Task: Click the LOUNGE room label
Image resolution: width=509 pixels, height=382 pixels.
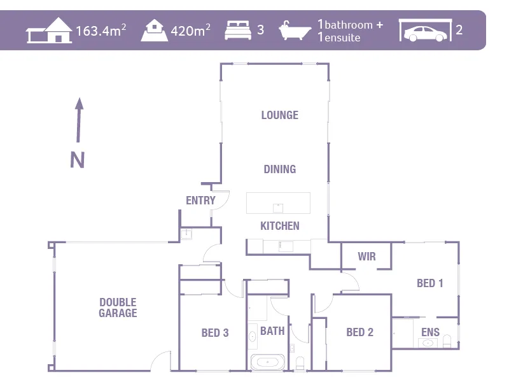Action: pyautogui.click(x=279, y=115)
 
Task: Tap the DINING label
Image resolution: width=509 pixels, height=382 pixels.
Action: pyautogui.click(x=279, y=169)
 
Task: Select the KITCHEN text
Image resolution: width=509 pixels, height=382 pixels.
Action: pyautogui.click(x=279, y=226)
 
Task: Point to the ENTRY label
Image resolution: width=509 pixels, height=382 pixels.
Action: pyautogui.click(x=200, y=201)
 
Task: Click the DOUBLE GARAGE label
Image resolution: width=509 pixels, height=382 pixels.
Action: pyautogui.click(x=118, y=308)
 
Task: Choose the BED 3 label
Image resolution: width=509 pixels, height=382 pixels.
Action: pyautogui.click(x=214, y=332)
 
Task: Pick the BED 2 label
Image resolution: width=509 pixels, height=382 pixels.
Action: pyautogui.click(x=359, y=332)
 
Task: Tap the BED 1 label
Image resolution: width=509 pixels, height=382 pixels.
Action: pyautogui.click(x=429, y=283)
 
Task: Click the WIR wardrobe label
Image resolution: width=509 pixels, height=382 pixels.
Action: pyautogui.click(x=366, y=257)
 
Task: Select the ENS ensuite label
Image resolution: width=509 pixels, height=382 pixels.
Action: pyautogui.click(x=430, y=332)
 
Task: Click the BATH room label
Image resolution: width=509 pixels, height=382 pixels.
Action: pyautogui.click(x=272, y=331)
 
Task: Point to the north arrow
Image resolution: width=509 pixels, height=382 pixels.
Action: pyautogui.click(x=79, y=120)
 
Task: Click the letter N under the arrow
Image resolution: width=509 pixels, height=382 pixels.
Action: pyautogui.click(x=77, y=160)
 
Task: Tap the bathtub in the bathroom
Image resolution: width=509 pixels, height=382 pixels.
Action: pyautogui.click(x=267, y=363)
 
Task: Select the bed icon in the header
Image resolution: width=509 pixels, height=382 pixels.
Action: pyautogui.click(x=239, y=30)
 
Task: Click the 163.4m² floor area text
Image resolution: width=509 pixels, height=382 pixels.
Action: pyautogui.click(x=101, y=31)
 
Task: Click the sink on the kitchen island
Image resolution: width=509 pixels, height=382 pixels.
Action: pyautogui.click(x=277, y=207)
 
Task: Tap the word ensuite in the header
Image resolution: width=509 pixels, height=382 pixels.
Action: pyautogui.click(x=342, y=38)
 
